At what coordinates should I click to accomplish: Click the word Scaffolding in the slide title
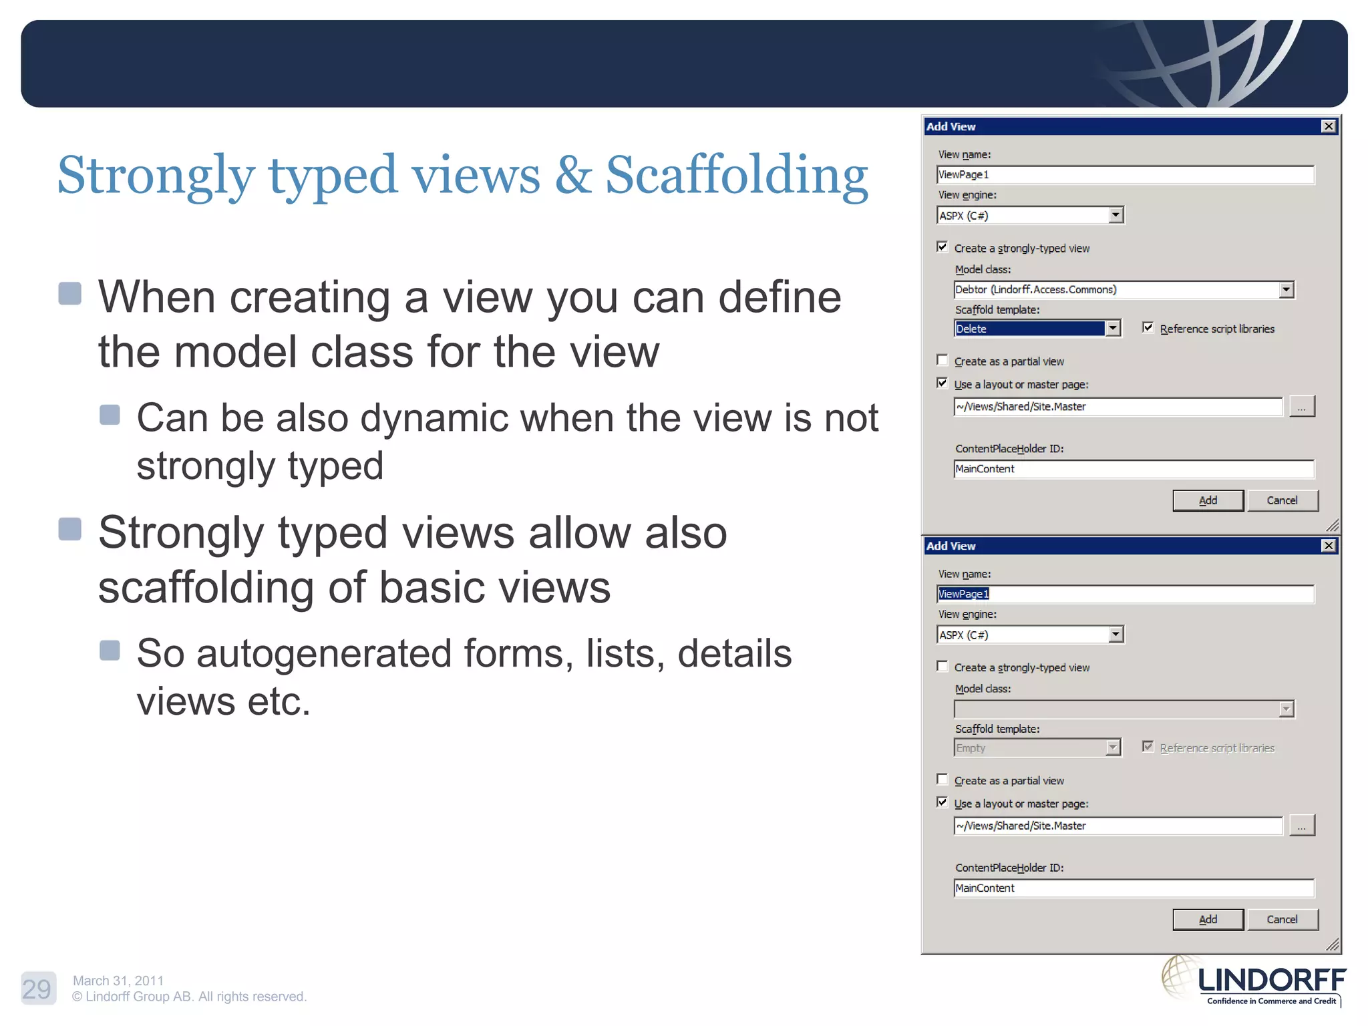pos(736,175)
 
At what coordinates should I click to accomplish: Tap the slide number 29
pos(37,989)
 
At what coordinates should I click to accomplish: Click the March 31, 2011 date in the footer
pos(118,981)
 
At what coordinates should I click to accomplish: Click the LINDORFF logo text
pos(1272,981)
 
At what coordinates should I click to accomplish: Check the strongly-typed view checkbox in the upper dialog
pos(943,247)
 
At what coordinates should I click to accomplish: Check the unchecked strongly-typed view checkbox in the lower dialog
pos(943,667)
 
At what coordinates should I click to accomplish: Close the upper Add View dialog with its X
pos(1329,126)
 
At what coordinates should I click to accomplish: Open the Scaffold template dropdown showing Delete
pos(1113,328)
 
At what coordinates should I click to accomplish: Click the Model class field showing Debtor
pos(1116,290)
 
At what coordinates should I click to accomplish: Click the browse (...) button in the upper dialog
pos(1301,406)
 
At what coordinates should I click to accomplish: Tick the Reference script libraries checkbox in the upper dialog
pos(1148,327)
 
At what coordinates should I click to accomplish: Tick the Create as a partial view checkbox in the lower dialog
pos(943,780)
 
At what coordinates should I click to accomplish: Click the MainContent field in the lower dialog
pos(1133,888)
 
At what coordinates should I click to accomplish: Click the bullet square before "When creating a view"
pos(70,293)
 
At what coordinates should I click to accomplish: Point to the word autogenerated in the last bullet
pos(323,653)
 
